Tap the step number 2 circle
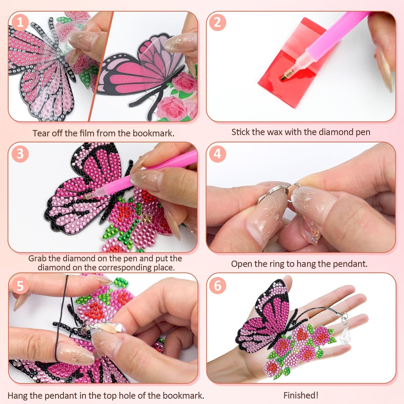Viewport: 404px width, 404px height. click(x=217, y=22)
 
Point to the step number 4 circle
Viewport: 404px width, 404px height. click(x=217, y=154)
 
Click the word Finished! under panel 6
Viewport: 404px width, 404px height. click(x=301, y=395)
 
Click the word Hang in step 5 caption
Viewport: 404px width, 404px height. click(x=18, y=395)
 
